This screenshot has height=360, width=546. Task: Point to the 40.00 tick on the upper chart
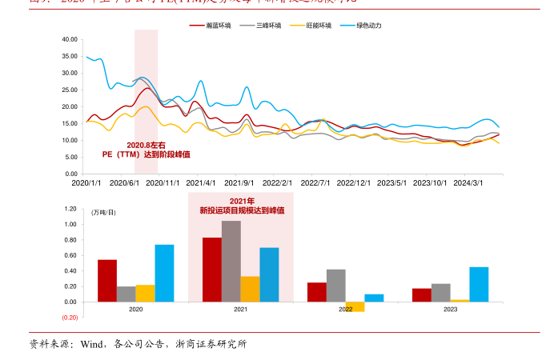(70, 39)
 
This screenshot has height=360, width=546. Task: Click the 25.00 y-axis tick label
(70, 90)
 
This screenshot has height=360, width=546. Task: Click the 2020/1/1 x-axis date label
(86, 183)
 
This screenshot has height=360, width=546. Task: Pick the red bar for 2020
(107, 281)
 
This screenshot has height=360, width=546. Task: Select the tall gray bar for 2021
(231, 261)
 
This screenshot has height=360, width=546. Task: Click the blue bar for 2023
(479, 284)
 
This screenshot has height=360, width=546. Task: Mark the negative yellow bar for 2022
(355, 306)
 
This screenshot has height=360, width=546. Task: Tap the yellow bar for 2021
(250, 289)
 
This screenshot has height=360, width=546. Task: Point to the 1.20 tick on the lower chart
(70, 210)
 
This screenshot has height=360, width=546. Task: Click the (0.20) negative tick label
(69, 318)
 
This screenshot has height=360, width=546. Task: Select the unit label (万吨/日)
(104, 212)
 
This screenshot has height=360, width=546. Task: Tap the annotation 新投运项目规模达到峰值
(242, 210)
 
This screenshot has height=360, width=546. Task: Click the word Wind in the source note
(90, 345)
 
